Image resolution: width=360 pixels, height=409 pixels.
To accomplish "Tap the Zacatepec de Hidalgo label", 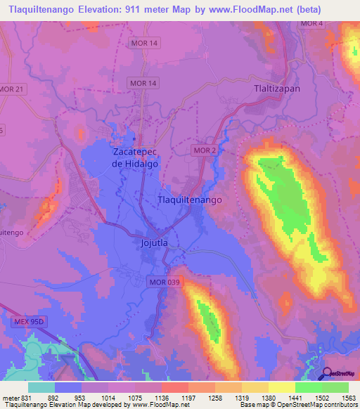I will (x=136, y=157).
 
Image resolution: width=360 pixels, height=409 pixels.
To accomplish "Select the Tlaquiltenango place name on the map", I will (x=188, y=200).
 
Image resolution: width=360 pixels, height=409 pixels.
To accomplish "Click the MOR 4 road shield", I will (x=311, y=24).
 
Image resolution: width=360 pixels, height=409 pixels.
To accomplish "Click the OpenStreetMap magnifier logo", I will (x=327, y=373).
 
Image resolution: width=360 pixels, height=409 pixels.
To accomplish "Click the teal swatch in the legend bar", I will (x=41, y=387).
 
